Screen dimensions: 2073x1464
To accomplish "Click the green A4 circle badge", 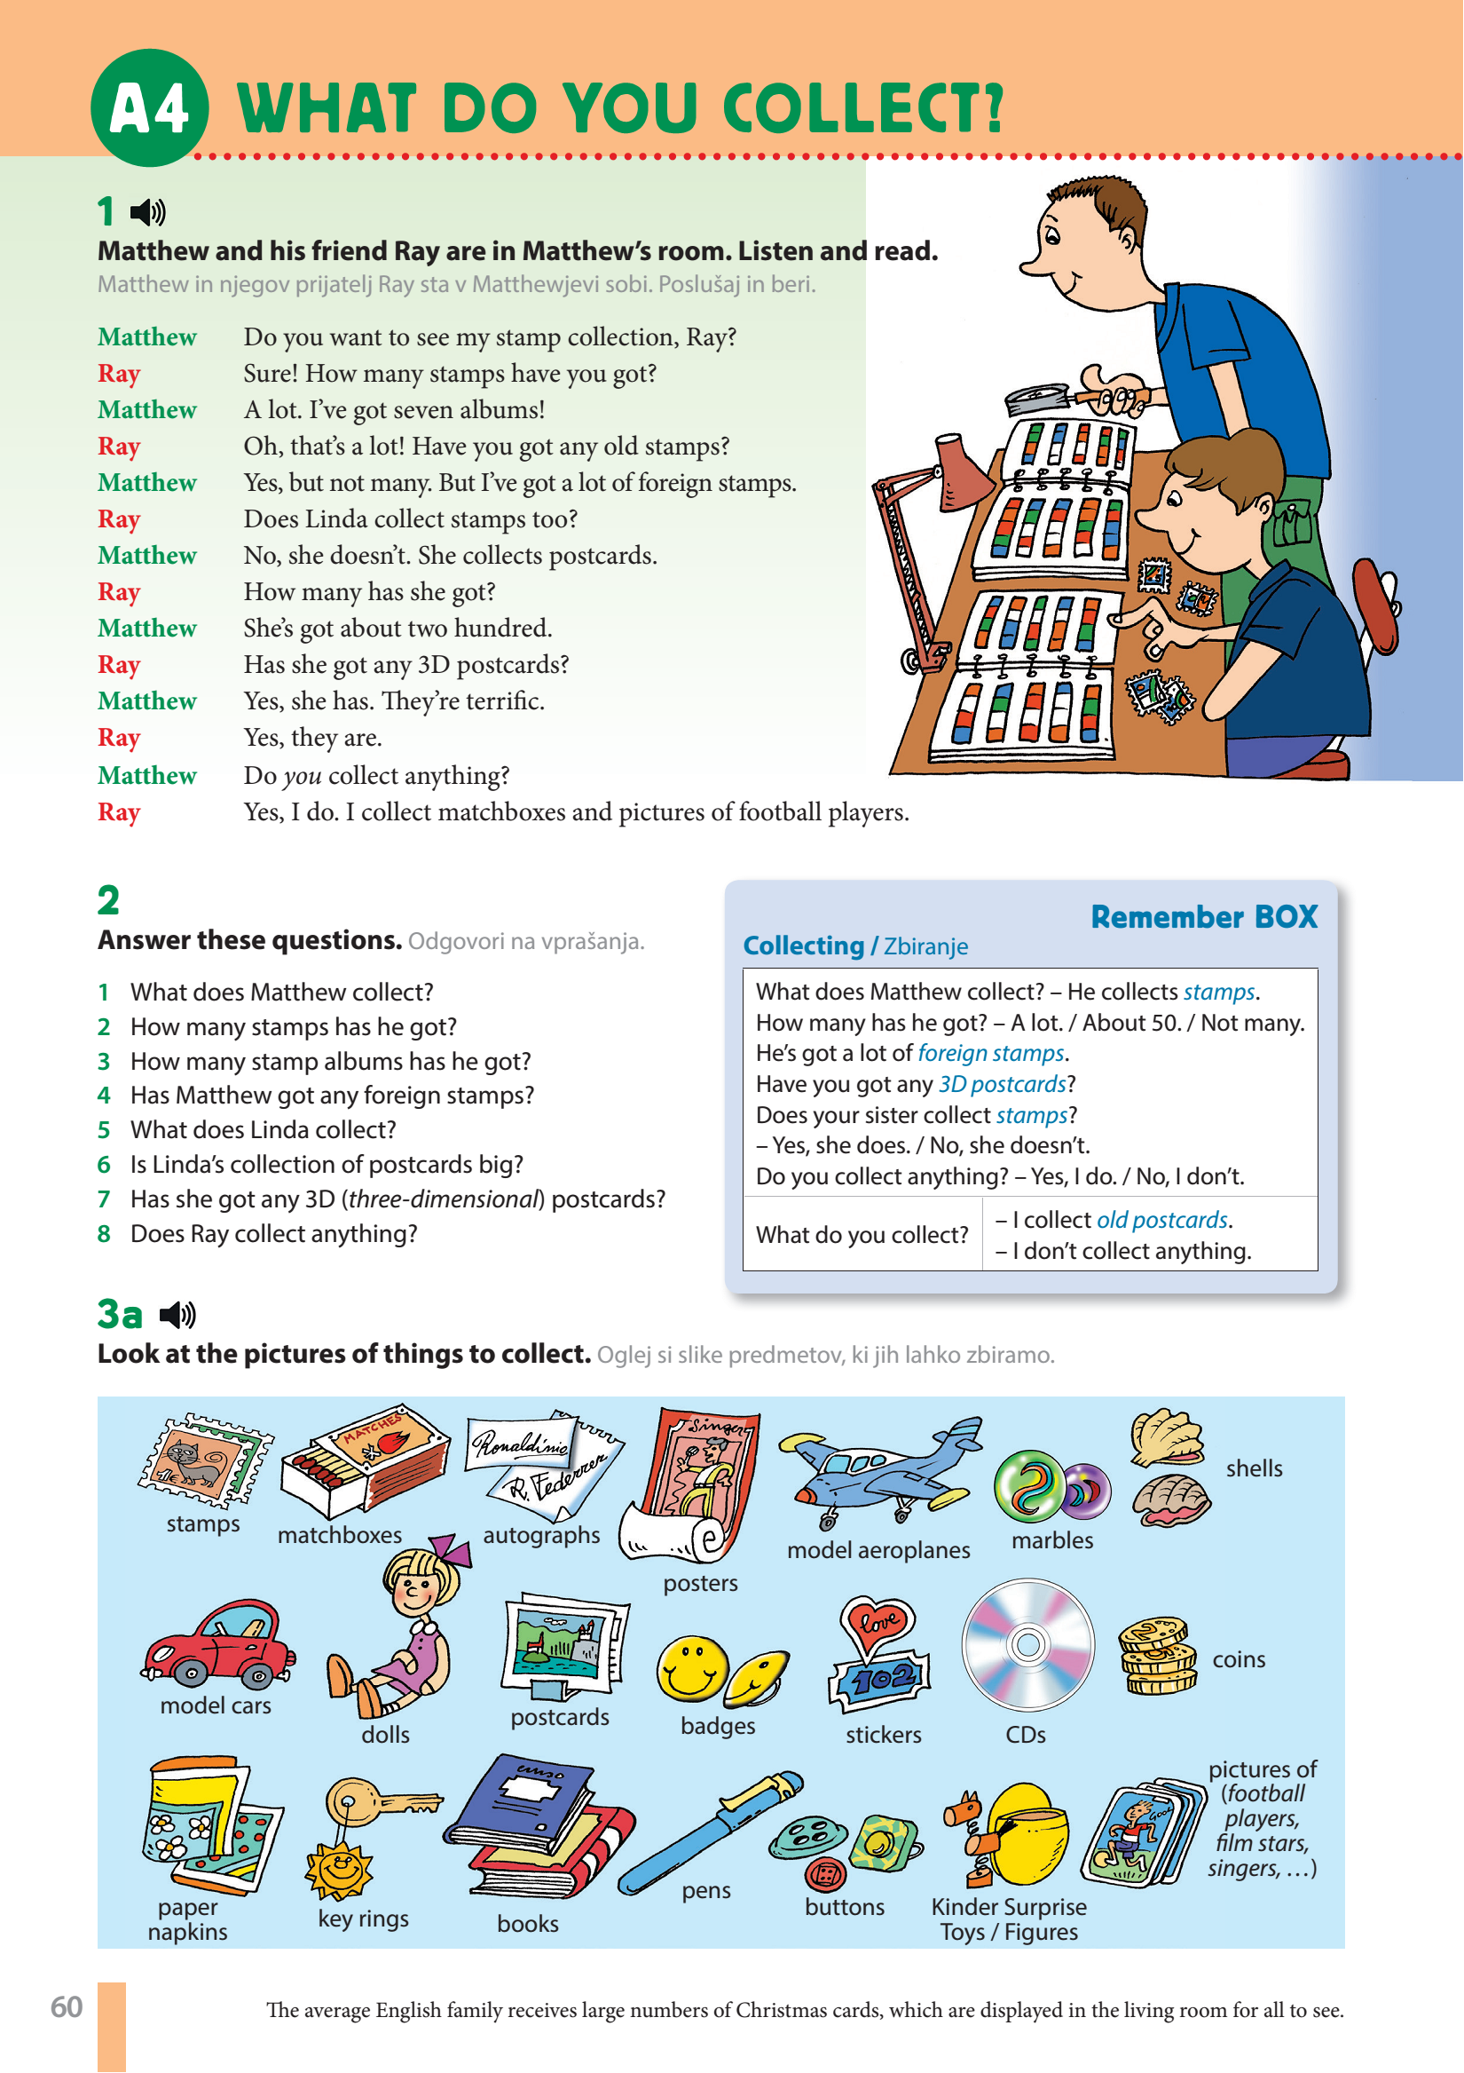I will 150,107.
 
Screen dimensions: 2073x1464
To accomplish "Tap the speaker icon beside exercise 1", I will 148,212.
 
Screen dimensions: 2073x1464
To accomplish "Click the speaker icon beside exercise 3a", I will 177,1315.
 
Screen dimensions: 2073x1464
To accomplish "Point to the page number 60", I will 66,2006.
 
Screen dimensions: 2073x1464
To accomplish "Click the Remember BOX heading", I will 1203,916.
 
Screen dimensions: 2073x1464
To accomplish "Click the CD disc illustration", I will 1027,1644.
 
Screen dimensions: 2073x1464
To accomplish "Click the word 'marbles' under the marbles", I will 1051,1540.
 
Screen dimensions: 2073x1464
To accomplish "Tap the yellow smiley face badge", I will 691,1666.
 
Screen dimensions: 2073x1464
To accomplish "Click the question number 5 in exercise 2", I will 104,1129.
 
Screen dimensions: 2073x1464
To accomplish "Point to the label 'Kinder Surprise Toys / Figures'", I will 1008,1919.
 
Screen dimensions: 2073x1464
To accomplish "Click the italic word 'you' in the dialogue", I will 302,776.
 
